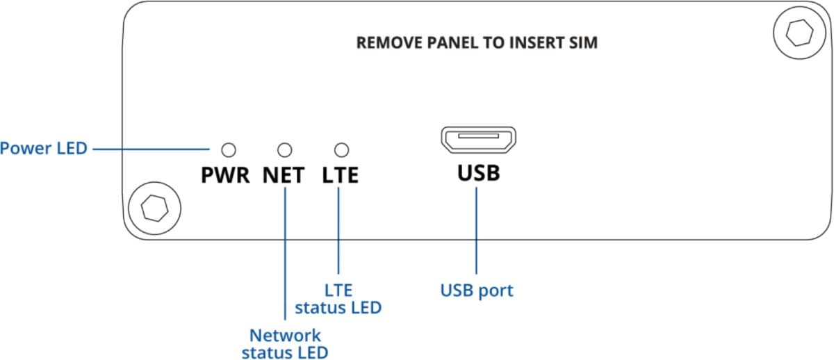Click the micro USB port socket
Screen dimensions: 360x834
tap(477, 140)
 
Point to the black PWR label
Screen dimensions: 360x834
tap(224, 175)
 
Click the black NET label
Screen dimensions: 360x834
tap(284, 175)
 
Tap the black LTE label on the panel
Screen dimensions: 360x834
tap(341, 175)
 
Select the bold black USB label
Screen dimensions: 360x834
tap(478, 172)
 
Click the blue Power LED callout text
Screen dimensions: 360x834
tap(44, 148)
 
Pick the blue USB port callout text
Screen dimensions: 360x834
tap(477, 290)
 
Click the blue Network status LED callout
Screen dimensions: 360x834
tap(285, 343)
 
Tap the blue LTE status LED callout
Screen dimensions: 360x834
tap(338, 297)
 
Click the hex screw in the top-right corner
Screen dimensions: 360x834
tap(794, 32)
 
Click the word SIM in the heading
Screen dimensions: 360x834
tap(582, 43)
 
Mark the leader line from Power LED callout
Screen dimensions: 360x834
tap(149, 149)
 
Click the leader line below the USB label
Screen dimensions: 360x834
tap(477, 229)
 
